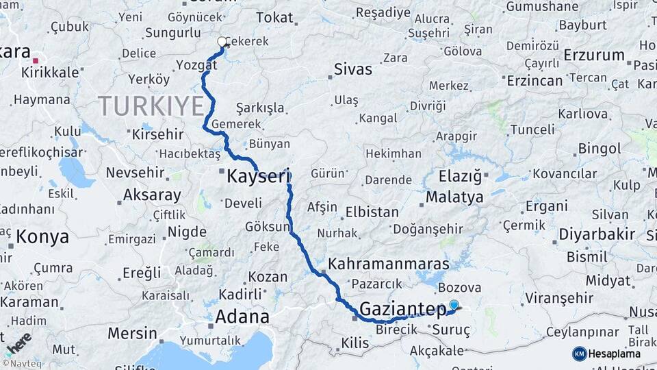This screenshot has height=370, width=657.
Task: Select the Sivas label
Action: [x=353, y=69]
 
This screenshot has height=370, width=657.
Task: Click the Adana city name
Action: [x=242, y=317]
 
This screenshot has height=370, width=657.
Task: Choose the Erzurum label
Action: [x=594, y=56]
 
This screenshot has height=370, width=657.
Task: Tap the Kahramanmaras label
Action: [x=389, y=264]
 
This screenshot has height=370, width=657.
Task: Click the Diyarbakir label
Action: [x=597, y=234]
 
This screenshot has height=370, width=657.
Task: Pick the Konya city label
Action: [x=42, y=237]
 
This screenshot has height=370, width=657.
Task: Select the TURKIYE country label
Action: [x=151, y=106]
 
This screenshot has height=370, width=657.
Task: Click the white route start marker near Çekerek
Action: [x=222, y=42]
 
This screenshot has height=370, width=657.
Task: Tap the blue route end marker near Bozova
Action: [x=454, y=305]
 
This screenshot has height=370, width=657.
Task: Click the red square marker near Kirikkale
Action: [x=36, y=61]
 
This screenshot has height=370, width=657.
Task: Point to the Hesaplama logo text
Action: [x=615, y=354]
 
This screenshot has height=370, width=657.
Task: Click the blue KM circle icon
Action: [x=579, y=354]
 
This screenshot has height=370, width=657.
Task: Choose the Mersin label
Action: [x=132, y=334]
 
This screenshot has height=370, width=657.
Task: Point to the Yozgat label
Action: [x=196, y=65]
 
